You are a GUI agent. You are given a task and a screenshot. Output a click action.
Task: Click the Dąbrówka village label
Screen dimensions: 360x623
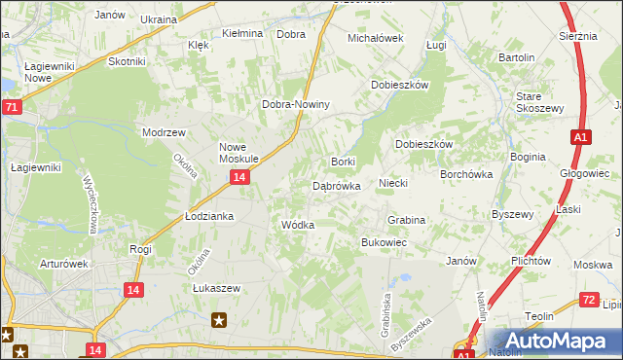tap(337, 185)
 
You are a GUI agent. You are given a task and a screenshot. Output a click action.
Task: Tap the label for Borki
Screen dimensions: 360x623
tap(344, 162)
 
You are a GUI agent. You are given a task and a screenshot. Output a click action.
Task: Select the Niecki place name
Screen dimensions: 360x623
tap(392, 183)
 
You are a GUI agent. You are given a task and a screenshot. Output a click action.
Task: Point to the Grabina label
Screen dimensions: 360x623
tap(407, 221)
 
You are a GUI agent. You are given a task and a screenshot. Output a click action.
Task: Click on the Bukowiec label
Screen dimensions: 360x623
tap(384, 242)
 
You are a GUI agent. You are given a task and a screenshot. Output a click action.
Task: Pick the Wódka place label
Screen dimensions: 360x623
tap(297, 225)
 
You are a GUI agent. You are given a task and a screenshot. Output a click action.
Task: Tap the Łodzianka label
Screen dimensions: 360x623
tap(209, 216)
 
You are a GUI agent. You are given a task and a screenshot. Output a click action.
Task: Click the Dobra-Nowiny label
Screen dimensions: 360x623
tap(297, 104)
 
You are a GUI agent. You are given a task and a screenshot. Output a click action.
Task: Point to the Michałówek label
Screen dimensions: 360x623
tap(376, 38)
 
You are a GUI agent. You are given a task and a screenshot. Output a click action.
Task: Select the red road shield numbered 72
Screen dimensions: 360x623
tap(587, 301)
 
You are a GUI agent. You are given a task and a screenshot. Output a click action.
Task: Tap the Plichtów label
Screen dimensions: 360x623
tap(531, 261)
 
